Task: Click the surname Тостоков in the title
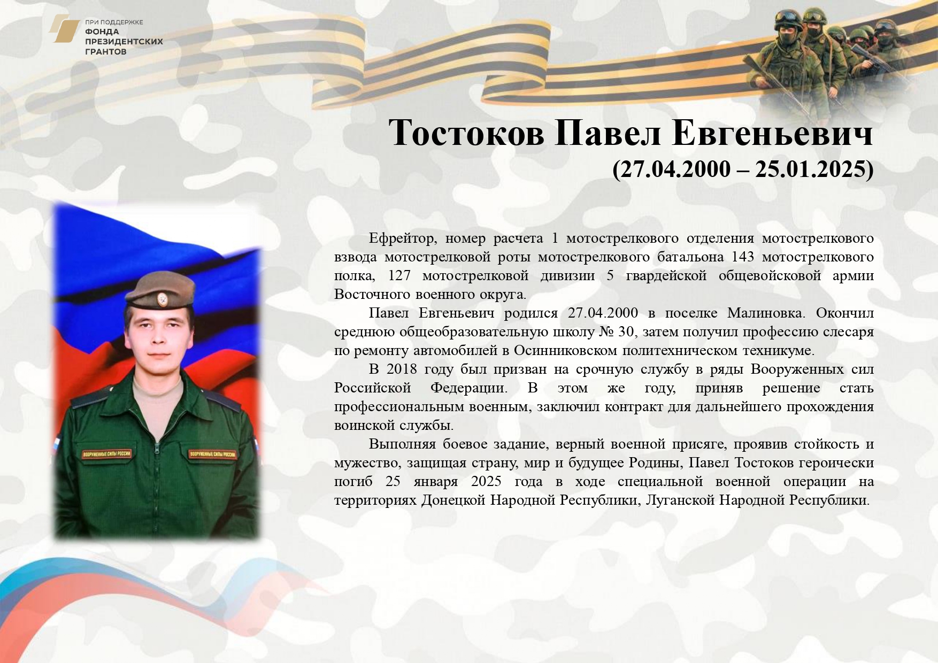pyautogui.click(x=466, y=132)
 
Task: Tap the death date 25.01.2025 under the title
pyautogui.click(x=810, y=169)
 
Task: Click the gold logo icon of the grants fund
pyautogui.click(x=64, y=29)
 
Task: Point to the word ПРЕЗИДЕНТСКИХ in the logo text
pyautogui.click(x=124, y=42)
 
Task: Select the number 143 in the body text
pyautogui.click(x=742, y=257)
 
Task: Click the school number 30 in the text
pyautogui.click(x=626, y=331)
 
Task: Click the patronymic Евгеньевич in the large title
pyautogui.click(x=772, y=132)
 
